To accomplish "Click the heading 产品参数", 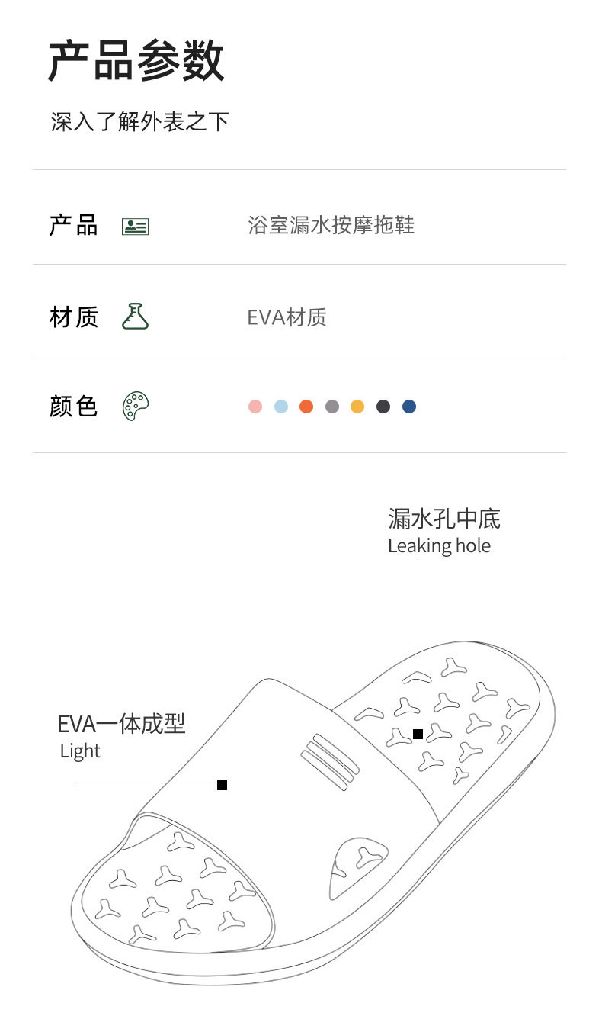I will pyautogui.click(x=136, y=60).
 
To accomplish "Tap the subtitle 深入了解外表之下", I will pyautogui.click(x=139, y=121).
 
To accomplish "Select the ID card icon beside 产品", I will pyautogui.click(x=135, y=227).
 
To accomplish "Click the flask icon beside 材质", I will pyautogui.click(x=135, y=317).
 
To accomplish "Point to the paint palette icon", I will pyautogui.click(x=135, y=406).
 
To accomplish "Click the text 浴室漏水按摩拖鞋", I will pyautogui.click(x=331, y=226).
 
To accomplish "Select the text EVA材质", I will pyautogui.click(x=287, y=317).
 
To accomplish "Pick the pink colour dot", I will pyautogui.click(x=255, y=407).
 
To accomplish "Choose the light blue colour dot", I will pyautogui.click(x=281, y=407).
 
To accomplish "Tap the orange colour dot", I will pyautogui.click(x=306, y=407).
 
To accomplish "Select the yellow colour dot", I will pyautogui.click(x=357, y=407).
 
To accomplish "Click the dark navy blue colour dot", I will pyautogui.click(x=409, y=407).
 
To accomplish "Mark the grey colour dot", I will pyautogui.click(x=332, y=407).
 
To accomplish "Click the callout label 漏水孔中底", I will pyautogui.click(x=443, y=519).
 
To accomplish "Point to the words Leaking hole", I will pyautogui.click(x=439, y=546).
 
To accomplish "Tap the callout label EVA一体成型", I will pyautogui.click(x=121, y=723).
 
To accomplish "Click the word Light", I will pyautogui.click(x=80, y=751).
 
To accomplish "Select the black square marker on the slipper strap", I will pyautogui.click(x=223, y=785).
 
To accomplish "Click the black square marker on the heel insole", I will pyautogui.click(x=418, y=734).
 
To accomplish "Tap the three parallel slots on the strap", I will pyautogui.click(x=330, y=759).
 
